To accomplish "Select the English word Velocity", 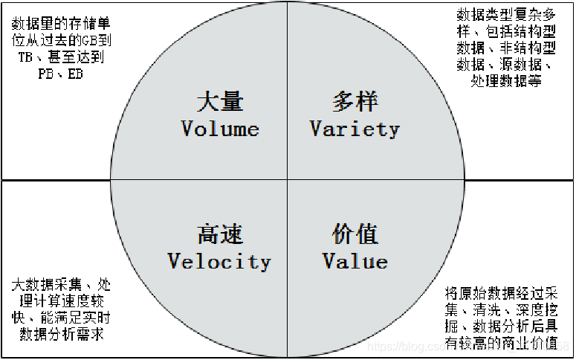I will point(219,261).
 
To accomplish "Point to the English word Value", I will point(355,261).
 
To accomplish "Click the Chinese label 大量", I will point(220,101).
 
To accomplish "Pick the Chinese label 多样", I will point(355,101).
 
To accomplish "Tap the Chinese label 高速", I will point(220,234).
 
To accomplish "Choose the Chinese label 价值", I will point(355,234).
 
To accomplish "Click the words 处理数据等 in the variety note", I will point(506,80).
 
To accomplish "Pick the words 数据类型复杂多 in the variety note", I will point(506,14).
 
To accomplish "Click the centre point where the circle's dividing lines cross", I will point(288,181).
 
